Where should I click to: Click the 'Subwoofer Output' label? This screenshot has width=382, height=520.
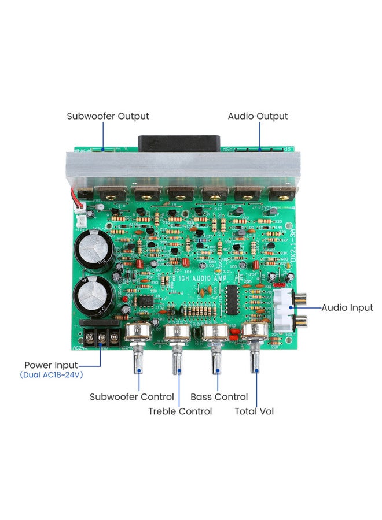tap(108, 116)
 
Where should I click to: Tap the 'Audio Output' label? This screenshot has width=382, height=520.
tap(258, 116)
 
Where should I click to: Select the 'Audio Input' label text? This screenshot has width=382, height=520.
tap(347, 308)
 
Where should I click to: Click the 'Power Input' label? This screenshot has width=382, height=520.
tap(51, 365)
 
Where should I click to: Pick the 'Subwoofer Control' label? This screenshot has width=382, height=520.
tap(131, 397)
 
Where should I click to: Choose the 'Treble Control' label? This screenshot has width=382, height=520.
tap(180, 411)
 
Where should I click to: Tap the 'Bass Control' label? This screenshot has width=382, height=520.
tap(219, 397)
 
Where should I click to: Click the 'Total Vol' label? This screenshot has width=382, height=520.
tap(254, 411)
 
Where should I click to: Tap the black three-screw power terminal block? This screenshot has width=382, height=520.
tap(99, 337)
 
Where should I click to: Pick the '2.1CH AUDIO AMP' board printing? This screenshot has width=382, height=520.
tap(199, 279)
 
